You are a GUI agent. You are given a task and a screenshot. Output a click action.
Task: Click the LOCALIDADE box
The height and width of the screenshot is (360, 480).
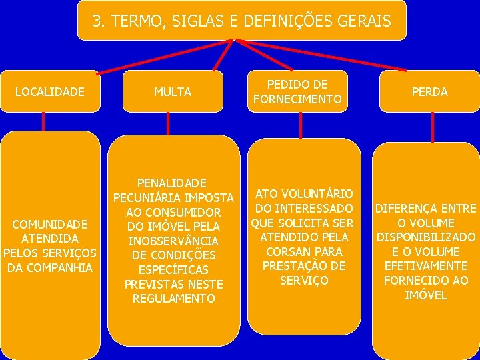[50, 91]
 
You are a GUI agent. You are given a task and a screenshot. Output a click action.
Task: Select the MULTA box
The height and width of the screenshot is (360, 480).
[173, 91]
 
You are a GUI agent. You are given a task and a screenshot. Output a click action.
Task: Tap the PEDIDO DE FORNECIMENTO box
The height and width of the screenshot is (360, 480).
[297, 92]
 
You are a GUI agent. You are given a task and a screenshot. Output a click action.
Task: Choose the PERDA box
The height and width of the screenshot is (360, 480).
[430, 91]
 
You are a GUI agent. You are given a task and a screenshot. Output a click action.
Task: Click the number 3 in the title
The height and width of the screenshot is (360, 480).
[97, 21]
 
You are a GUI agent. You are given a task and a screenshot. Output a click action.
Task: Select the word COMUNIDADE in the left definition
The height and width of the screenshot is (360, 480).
[50, 224]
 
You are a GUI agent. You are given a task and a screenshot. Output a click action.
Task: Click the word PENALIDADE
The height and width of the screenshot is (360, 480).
[172, 183]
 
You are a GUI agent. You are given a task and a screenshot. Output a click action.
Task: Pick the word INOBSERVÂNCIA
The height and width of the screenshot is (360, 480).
[173, 241]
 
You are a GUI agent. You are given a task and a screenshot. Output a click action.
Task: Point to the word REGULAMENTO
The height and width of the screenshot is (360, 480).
[173, 299]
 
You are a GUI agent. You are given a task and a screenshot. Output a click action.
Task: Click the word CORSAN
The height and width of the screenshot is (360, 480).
[283, 252]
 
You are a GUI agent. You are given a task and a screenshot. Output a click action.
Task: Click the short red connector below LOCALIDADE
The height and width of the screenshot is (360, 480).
[43, 121]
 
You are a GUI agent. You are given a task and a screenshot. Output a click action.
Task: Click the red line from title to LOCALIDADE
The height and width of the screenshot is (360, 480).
[163, 56]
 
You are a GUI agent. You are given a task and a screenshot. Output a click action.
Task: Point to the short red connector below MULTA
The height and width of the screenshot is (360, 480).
[167, 123]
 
